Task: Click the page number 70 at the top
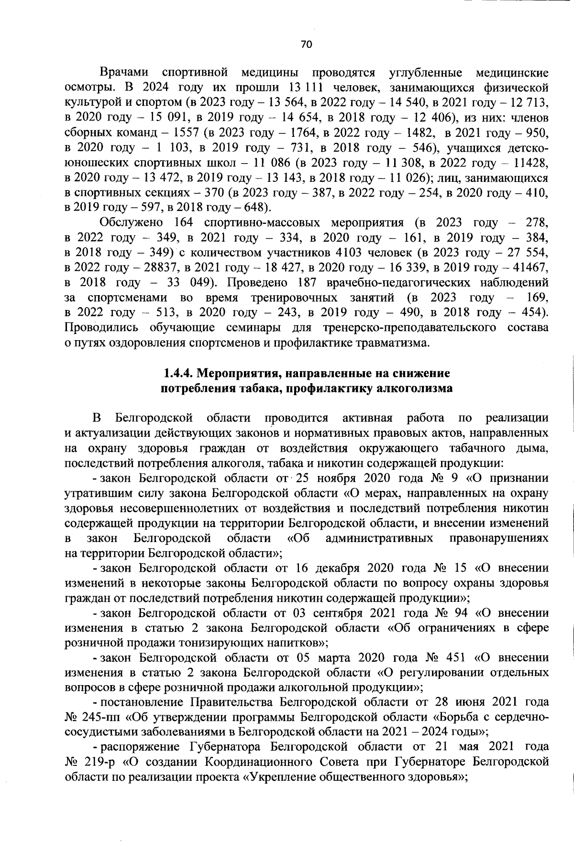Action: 306,44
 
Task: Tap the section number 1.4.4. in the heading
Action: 179,373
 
